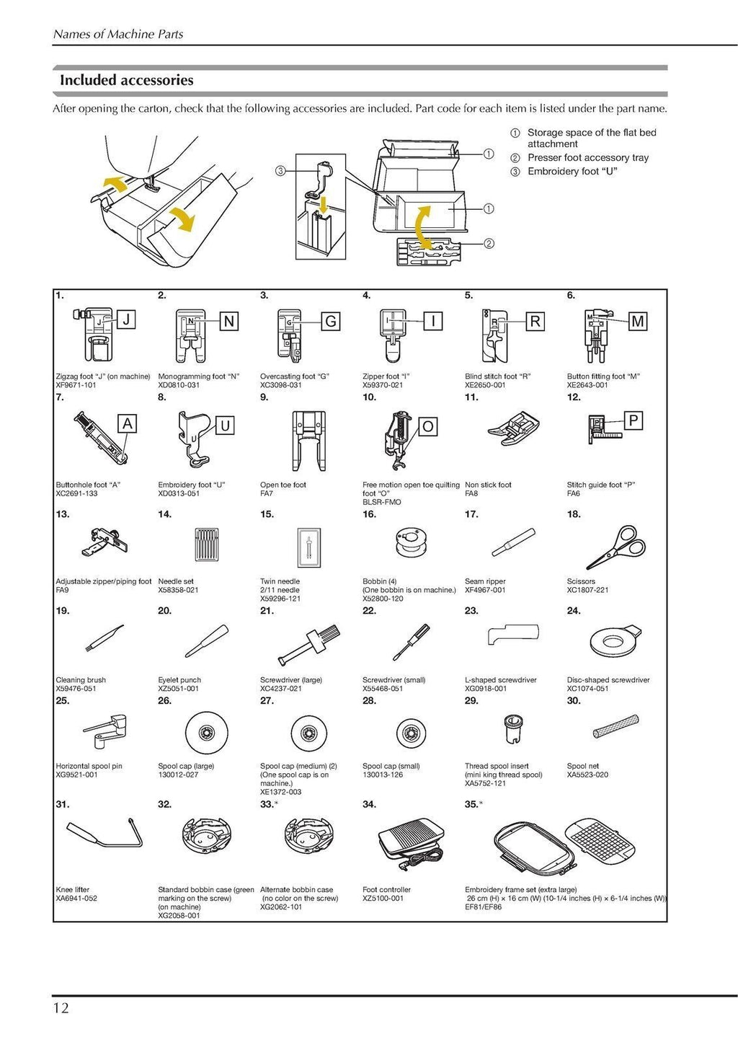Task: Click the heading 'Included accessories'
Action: pos(126,80)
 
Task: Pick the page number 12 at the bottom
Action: pos(61,1007)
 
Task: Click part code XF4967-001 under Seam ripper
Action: pos(485,590)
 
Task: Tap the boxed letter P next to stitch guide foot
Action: pos(633,420)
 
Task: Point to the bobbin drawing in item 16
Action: pos(406,545)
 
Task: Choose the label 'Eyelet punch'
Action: pos(179,680)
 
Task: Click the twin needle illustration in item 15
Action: pos(308,546)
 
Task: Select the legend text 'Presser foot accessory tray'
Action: pos(587,158)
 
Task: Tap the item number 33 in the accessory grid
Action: pos(266,804)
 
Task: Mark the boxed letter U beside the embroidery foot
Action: pos(225,426)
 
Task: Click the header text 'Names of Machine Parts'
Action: pos(118,34)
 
